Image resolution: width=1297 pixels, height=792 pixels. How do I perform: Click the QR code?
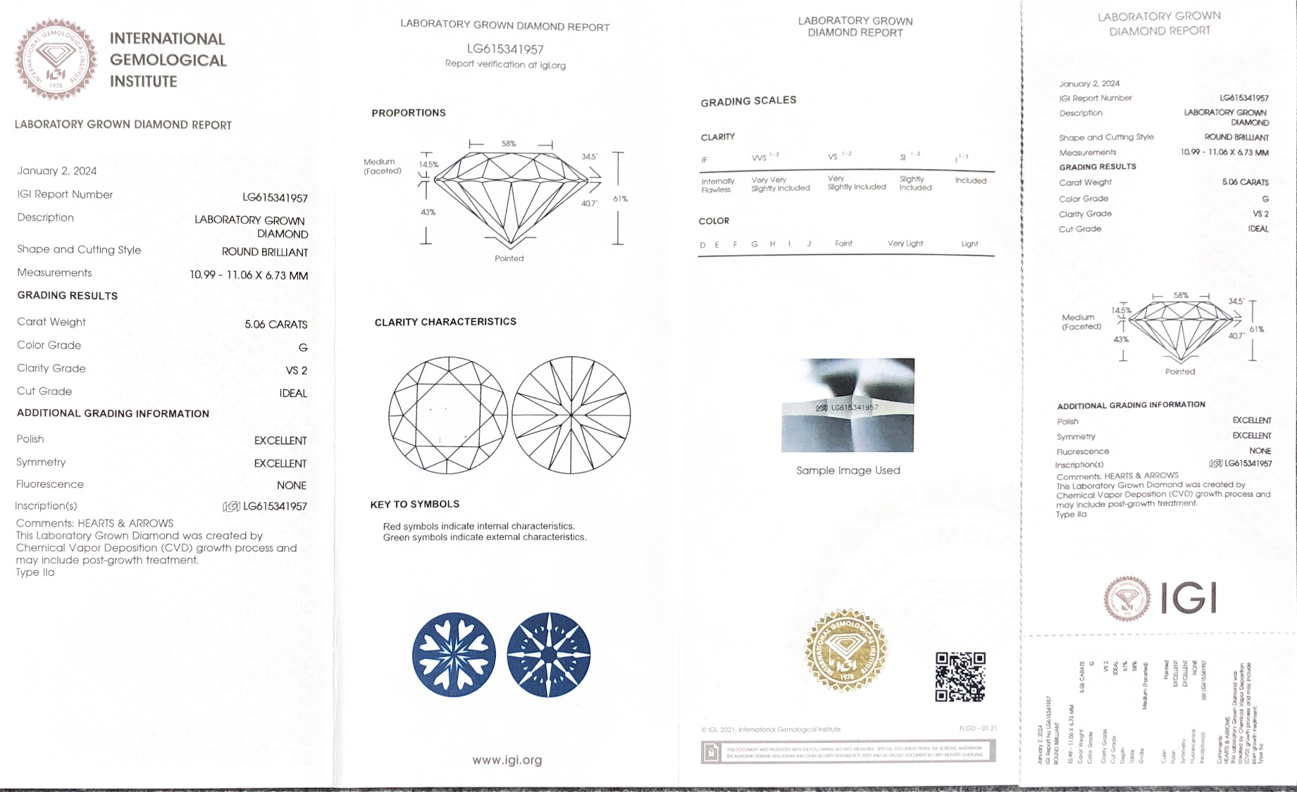pos(960,677)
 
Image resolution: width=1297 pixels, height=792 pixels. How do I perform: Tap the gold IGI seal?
pos(846,650)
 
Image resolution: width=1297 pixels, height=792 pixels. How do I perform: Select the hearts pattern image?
pos(454,655)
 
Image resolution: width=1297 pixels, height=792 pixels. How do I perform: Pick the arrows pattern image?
pos(548,655)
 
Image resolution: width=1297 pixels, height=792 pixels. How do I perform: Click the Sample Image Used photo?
pos(848,405)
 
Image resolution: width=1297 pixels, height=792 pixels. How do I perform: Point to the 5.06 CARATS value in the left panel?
pos(275,325)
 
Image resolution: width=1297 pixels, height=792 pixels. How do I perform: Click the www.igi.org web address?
pos(507,760)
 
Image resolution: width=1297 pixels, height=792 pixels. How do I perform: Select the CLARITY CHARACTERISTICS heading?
pos(445,322)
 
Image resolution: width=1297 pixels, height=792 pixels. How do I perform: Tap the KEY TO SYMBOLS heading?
pos(414,504)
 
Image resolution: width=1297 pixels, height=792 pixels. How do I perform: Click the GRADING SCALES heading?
pos(748,101)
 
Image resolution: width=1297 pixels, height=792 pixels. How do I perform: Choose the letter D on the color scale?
pos(702,245)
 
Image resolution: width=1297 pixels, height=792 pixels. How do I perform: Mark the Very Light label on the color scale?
pos(905,244)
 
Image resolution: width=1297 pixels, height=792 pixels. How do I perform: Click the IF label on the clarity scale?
pos(704,160)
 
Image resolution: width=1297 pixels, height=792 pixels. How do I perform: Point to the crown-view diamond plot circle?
pos(448,415)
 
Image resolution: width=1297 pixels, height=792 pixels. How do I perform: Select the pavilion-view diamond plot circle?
pos(571,415)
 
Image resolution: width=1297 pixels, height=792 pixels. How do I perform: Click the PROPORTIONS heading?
pos(409,113)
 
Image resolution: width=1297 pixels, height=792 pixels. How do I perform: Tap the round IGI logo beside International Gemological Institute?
pos(56,59)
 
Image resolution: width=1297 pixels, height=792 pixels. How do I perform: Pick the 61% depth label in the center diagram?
pos(620,199)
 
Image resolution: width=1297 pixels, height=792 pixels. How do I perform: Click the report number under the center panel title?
pos(505,49)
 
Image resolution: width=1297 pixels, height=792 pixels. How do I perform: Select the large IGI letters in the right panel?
pos(1188,598)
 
